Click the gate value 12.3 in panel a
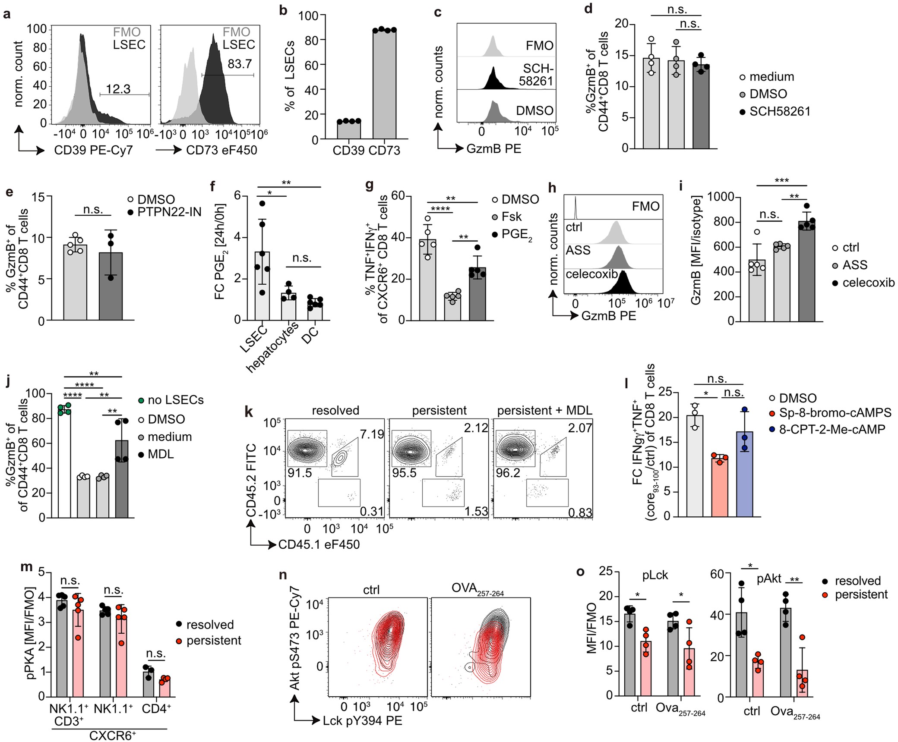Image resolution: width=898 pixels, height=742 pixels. [118, 89]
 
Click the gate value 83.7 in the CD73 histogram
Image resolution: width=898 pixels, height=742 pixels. [239, 64]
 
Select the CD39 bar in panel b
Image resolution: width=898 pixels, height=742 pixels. [349, 130]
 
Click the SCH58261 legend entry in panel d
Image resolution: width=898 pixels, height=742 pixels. [779, 111]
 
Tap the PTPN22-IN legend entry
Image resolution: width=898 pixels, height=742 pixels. [169, 212]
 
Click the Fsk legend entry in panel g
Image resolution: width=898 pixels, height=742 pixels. [511, 217]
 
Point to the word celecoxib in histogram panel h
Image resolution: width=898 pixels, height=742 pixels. [591, 274]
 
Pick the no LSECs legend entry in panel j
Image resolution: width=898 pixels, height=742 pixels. [175, 400]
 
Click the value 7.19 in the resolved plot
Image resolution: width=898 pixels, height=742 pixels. [372, 434]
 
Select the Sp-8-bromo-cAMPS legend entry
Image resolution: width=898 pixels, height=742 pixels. [835, 413]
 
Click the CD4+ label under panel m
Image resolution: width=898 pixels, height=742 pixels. [157, 708]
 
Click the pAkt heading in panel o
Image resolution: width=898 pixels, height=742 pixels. [769, 579]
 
